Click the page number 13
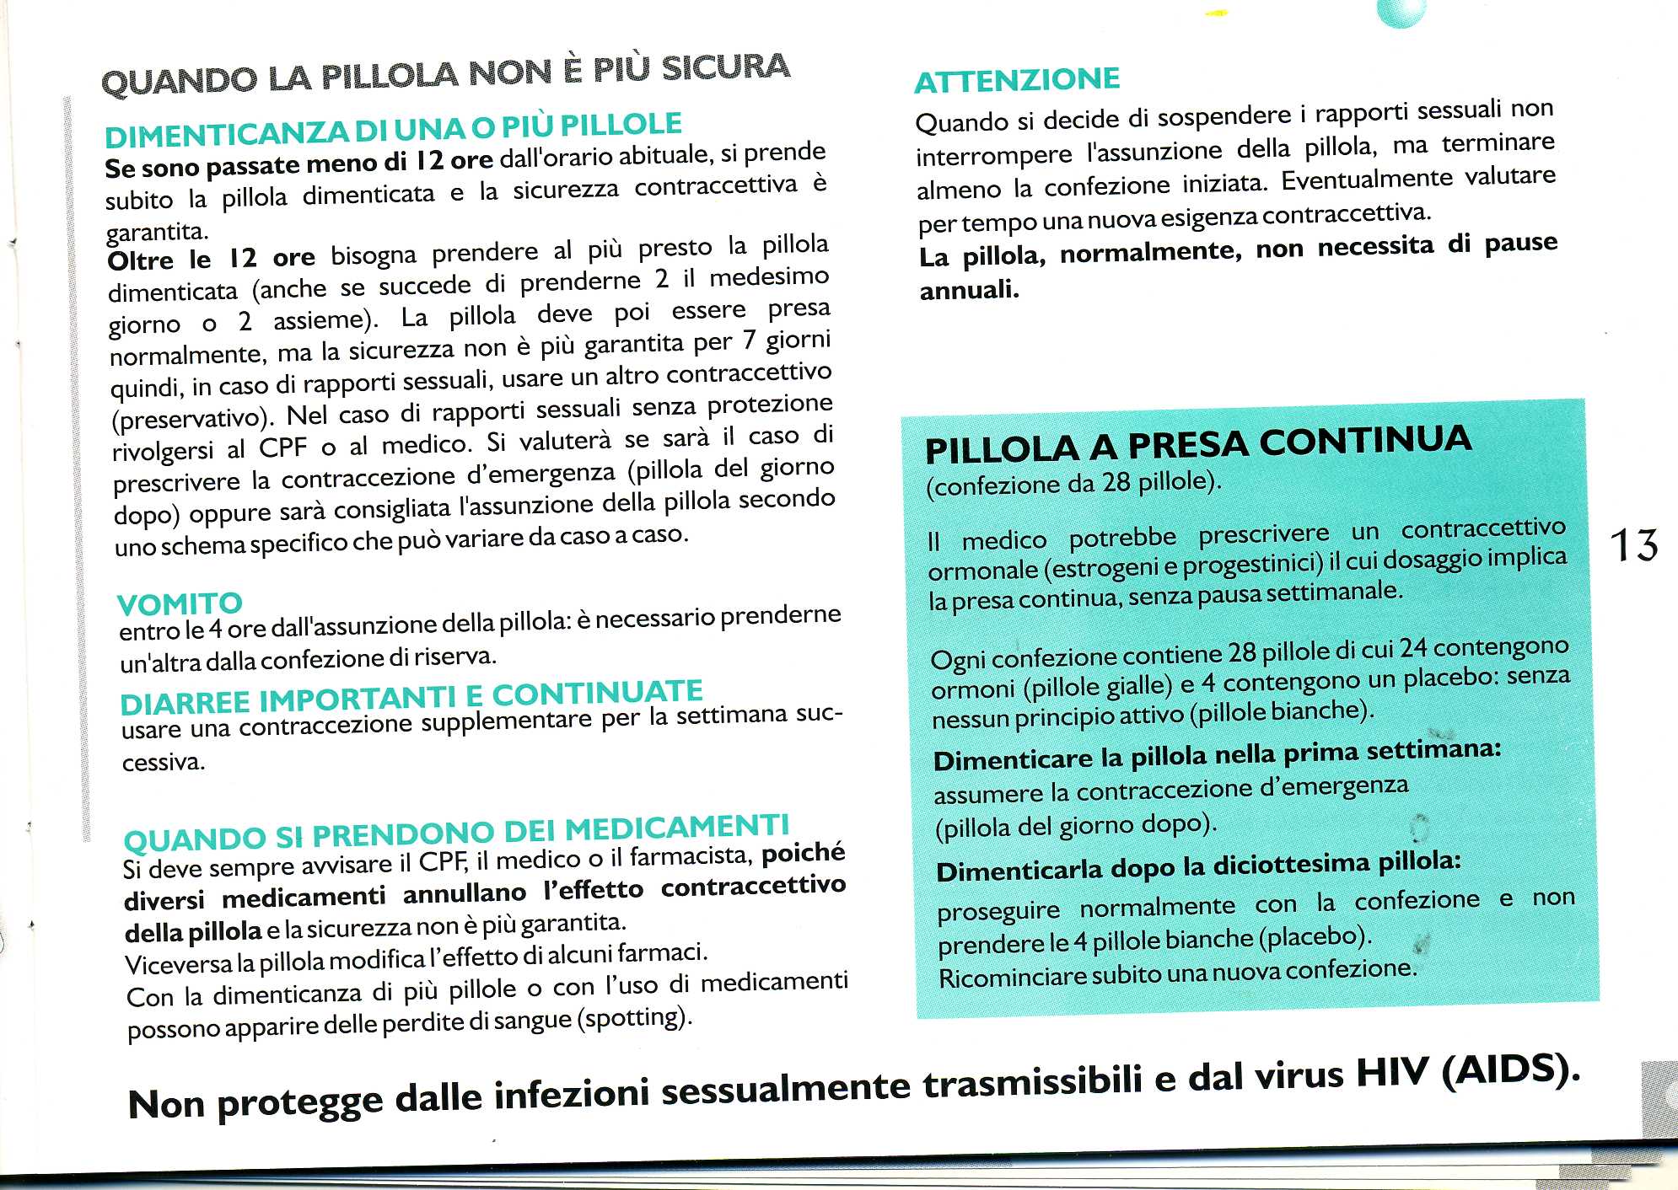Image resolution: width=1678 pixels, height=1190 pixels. (x=1633, y=545)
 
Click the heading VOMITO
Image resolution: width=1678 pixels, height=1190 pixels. (x=180, y=603)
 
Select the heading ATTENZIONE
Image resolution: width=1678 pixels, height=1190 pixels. (x=1017, y=80)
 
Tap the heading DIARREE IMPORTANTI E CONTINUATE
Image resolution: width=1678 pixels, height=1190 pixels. (x=411, y=697)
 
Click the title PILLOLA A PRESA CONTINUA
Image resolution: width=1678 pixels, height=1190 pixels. (x=1197, y=444)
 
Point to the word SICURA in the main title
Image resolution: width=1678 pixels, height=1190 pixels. (x=725, y=67)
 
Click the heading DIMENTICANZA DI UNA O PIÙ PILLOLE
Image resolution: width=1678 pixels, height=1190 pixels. (x=393, y=130)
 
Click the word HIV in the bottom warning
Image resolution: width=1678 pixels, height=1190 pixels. (x=1391, y=1075)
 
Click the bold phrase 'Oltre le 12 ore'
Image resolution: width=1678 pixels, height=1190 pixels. (x=211, y=258)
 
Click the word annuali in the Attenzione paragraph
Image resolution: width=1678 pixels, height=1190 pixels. (x=969, y=291)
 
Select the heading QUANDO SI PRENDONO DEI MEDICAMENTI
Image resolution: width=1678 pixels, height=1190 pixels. (x=456, y=832)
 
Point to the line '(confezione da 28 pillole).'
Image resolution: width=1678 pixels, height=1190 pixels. (x=1073, y=484)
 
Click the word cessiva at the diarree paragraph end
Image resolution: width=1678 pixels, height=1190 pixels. (x=163, y=763)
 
